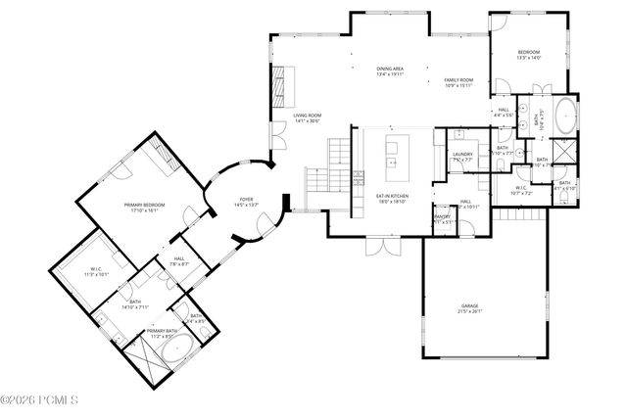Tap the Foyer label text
coord(246,203)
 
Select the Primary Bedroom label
coord(144,207)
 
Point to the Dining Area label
coord(390,70)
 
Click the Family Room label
coord(458,82)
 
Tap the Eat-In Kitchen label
coord(391,201)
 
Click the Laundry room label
coord(462,157)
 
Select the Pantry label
coord(443,219)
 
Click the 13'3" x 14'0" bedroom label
coord(528,55)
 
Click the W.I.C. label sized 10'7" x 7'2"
coord(521,191)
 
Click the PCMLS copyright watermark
coord(29,400)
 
